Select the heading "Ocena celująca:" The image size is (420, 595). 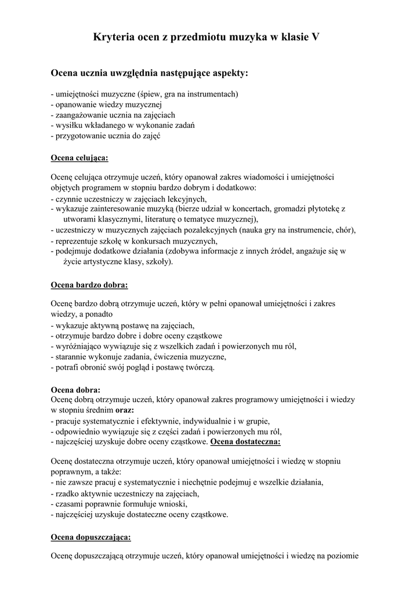[79, 157]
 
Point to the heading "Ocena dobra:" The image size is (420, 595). [76, 389]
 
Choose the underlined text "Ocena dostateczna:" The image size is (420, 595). [246, 442]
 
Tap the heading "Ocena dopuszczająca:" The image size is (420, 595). [91, 536]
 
